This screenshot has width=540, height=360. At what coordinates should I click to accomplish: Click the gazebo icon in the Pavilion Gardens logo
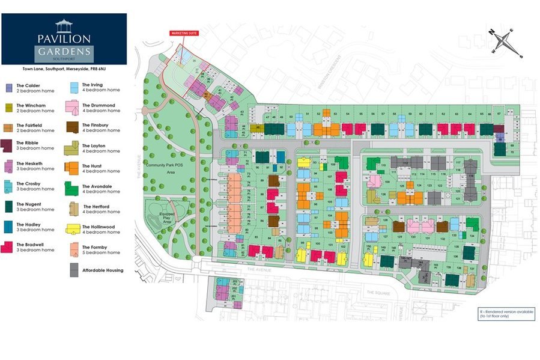[x=63, y=25]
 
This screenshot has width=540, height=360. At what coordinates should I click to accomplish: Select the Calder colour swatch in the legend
[x=9, y=88]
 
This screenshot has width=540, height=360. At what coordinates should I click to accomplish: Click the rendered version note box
[x=506, y=314]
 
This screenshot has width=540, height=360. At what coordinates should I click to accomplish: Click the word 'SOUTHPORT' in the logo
[x=63, y=59]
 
